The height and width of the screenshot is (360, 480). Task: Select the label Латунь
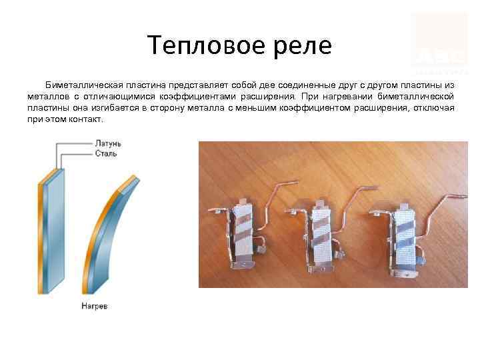pyautogui.click(x=106, y=143)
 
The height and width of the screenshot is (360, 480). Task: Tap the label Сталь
pyautogui.click(x=105, y=153)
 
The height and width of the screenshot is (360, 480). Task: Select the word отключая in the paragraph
pyautogui.click(x=433, y=107)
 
